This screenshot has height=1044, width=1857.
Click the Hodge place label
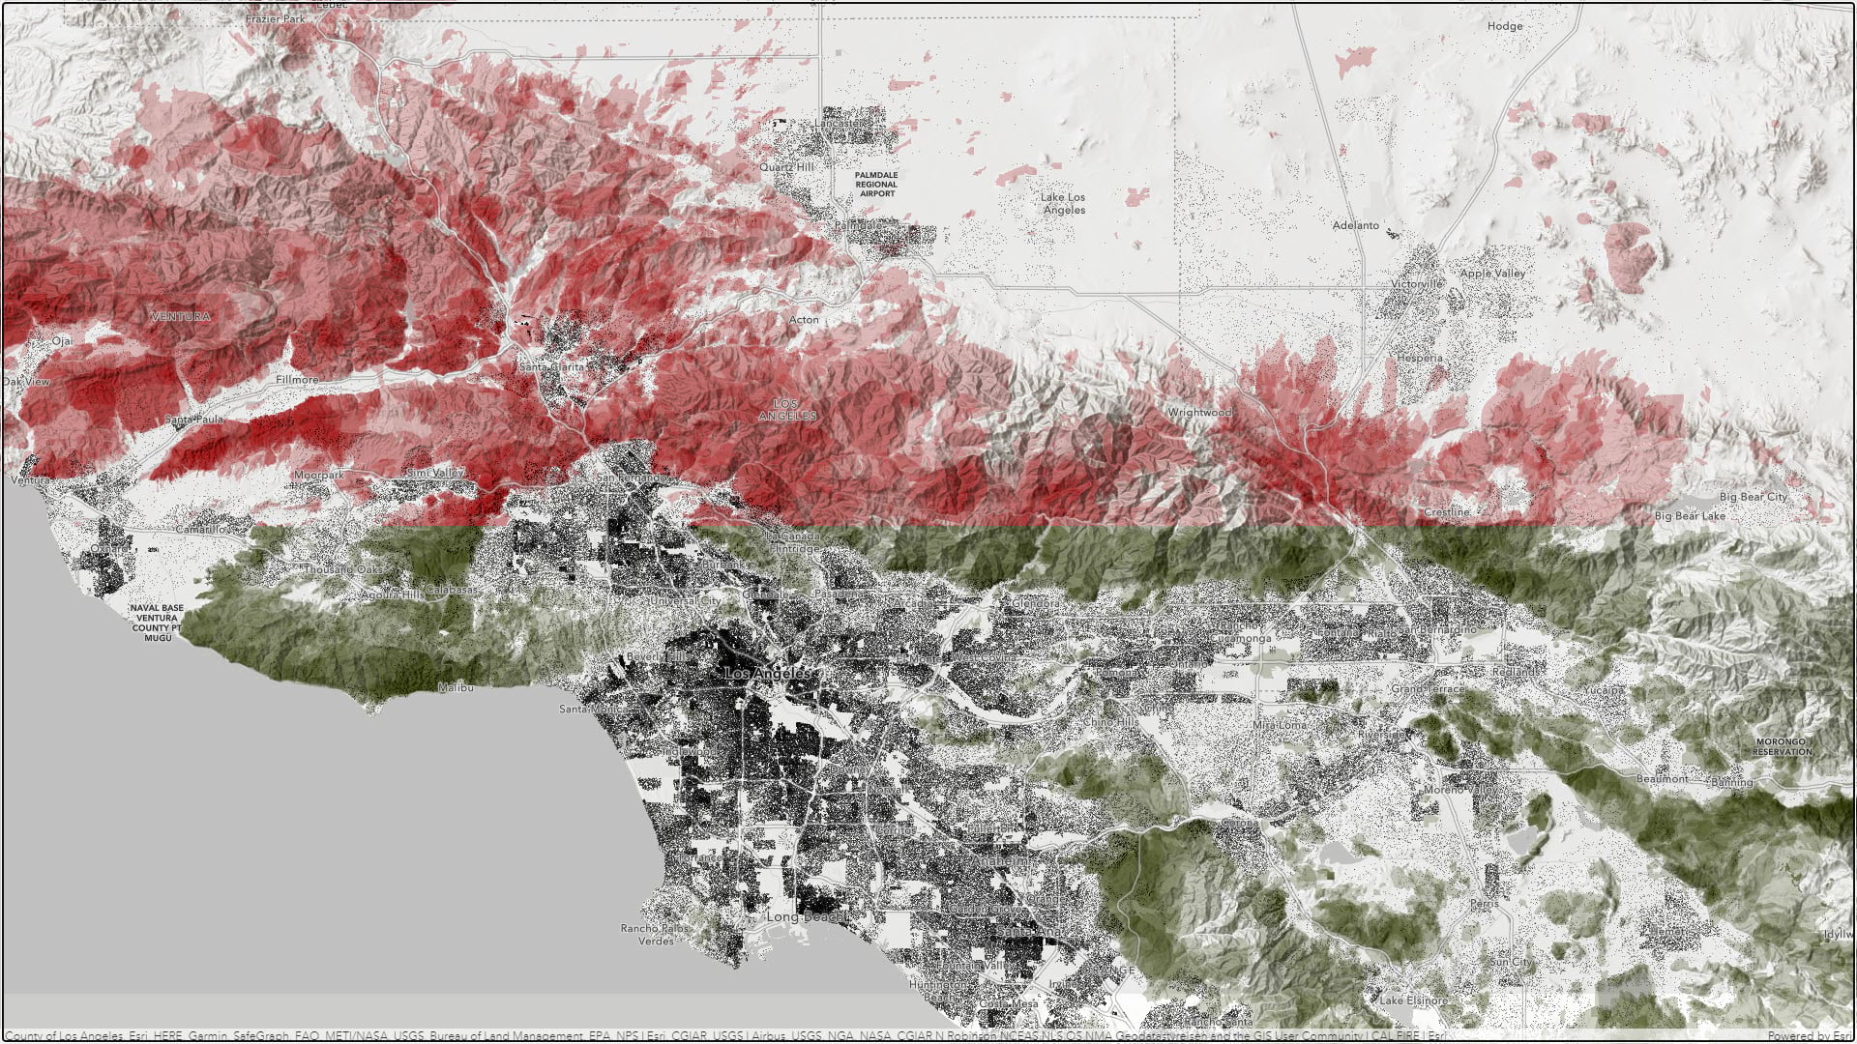[1504, 26]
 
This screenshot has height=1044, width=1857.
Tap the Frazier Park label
[275, 18]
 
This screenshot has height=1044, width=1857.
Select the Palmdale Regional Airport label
[876, 184]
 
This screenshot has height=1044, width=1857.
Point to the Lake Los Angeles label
[1063, 204]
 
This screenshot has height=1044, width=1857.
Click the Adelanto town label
[1355, 225]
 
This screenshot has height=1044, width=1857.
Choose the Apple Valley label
[1492, 274]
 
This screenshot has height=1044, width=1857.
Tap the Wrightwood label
[1199, 413]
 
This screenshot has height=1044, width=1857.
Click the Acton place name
[804, 319]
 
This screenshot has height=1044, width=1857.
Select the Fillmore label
[296, 380]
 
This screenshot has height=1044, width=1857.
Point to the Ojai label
[63, 341]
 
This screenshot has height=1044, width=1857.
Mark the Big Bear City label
[1754, 497]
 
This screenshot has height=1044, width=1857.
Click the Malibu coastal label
[456, 687]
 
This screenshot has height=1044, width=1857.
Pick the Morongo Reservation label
[1782, 746]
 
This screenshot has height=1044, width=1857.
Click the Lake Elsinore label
[1414, 1000]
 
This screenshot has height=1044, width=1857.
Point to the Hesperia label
[1419, 358]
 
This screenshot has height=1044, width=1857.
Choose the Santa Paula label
[194, 420]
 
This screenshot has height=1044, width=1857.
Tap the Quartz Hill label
[786, 167]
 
